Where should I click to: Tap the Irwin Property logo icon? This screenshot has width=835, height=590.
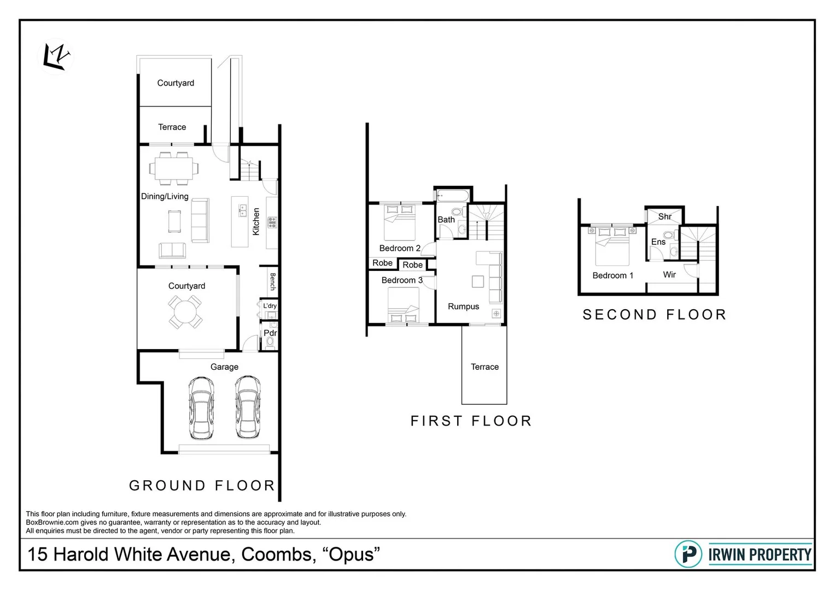pyautogui.click(x=688, y=554)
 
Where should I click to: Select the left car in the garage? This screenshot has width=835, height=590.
pyautogui.click(x=201, y=408)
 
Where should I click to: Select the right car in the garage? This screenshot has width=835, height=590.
pyautogui.click(x=248, y=408)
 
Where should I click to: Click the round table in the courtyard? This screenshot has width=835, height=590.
pyautogui.click(x=185, y=312)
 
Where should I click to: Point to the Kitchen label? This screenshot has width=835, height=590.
pyautogui.click(x=256, y=221)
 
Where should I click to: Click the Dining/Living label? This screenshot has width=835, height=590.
pyautogui.click(x=165, y=196)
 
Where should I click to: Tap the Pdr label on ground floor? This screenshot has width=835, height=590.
pyautogui.click(x=270, y=333)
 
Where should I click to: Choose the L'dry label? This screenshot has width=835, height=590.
pyautogui.click(x=270, y=306)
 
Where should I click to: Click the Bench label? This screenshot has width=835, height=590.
pyautogui.click(x=272, y=281)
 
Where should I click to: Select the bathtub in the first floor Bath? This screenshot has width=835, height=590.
pyautogui.click(x=452, y=195)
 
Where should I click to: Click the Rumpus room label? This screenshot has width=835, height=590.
pyautogui.click(x=463, y=306)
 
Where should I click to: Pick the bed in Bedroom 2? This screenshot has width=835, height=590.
pyautogui.click(x=400, y=222)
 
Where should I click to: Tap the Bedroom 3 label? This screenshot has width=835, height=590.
pyautogui.click(x=402, y=280)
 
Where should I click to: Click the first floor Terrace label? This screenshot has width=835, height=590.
pyautogui.click(x=484, y=367)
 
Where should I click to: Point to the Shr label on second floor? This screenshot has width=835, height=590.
pyautogui.click(x=664, y=216)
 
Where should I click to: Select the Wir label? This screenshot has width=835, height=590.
pyautogui.click(x=669, y=275)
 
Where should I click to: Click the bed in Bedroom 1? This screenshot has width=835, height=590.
pyautogui.click(x=612, y=246)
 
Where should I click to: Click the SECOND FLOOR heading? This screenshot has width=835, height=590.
pyautogui.click(x=655, y=315)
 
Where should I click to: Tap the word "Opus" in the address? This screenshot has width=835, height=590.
pyautogui.click(x=351, y=554)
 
